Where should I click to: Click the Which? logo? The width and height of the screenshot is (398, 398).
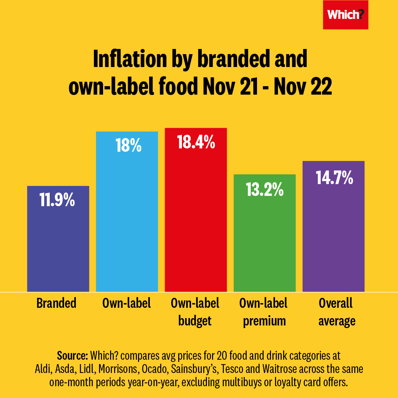click(x=345, y=15)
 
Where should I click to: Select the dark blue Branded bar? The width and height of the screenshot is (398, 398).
click(x=58, y=243)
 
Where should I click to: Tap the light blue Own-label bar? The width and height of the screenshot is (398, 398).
click(x=127, y=221)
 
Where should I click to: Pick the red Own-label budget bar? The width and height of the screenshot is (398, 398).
click(x=196, y=221)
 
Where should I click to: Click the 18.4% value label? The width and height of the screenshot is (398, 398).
click(x=196, y=142)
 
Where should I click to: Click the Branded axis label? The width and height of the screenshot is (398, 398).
click(x=56, y=303)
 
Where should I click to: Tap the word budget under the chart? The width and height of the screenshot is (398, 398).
click(x=195, y=321)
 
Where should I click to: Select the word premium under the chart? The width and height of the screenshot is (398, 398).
click(x=264, y=321)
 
